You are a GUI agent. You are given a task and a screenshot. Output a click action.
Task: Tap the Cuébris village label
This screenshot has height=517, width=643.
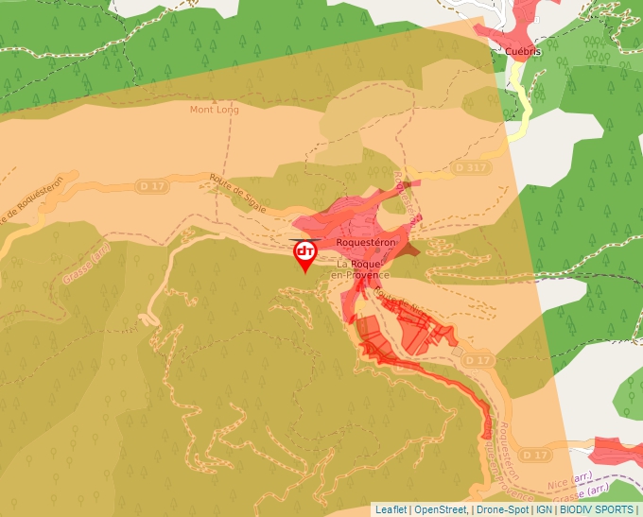click(522, 52)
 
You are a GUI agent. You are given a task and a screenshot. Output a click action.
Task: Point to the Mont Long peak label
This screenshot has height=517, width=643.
click(214, 110)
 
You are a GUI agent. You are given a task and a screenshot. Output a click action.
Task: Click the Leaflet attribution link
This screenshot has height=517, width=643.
click(391, 509)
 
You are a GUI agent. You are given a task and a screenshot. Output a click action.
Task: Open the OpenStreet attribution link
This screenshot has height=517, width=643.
click(440, 509)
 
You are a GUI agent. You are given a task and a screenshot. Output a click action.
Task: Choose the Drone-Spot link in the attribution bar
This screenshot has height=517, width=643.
click(502, 509)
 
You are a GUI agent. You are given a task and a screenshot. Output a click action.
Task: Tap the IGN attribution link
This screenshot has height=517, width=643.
click(544, 509)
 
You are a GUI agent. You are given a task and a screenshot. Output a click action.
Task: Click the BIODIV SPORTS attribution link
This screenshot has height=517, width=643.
click(597, 509)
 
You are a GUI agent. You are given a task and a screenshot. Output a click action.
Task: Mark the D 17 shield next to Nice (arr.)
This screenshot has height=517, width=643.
click(535, 456)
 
